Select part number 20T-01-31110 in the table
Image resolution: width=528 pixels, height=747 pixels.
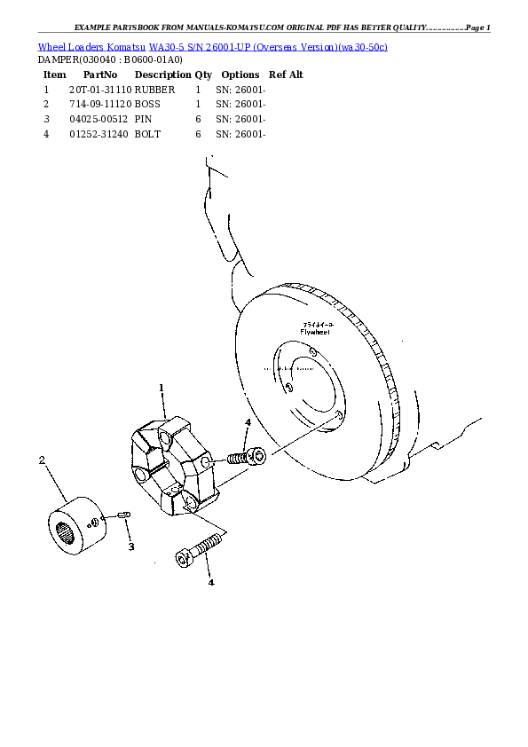pyautogui.click(x=99, y=90)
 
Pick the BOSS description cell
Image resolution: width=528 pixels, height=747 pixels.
pyautogui.click(x=148, y=104)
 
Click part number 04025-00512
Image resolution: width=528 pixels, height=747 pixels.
pyautogui.click(x=99, y=119)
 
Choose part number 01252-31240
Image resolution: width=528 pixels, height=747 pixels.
pyautogui.click(x=99, y=134)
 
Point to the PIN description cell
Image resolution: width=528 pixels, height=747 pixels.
pyautogui.click(x=144, y=119)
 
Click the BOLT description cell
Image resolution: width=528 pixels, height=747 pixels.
pyautogui.click(x=147, y=134)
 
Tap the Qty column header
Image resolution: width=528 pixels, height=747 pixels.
pyautogui.click(x=203, y=75)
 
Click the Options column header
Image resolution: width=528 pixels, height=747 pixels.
pyautogui.click(x=240, y=75)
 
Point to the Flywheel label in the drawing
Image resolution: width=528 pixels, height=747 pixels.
pyautogui.click(x=315, y=332)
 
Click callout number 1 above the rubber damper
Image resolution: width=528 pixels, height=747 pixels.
pyautogui.click(x=162, y=388)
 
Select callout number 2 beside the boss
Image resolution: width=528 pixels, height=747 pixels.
pyautogui.click(x=42, y=460)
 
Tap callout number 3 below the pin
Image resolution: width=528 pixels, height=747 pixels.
pyautogui.click(x=130, y=546)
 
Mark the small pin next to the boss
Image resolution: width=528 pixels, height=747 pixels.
pyautogui.click(x=124, y=515)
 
